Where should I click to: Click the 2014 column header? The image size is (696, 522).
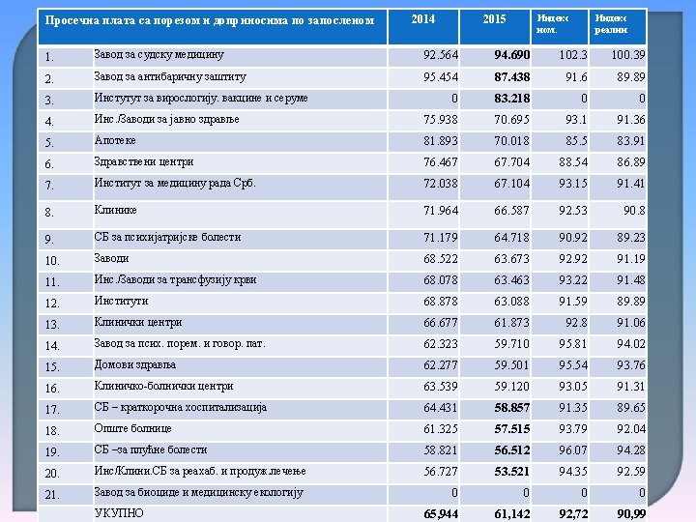coord(422,19)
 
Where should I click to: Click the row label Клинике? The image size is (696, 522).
coord(115,209)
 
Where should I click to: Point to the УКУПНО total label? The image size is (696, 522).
coord(119,513)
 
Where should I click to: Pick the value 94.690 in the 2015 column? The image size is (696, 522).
coord(511,55)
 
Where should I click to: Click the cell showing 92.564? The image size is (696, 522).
coord(440,55)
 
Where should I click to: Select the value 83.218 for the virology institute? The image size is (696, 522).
coord(511,99)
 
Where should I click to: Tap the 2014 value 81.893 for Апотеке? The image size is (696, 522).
coord(440,141)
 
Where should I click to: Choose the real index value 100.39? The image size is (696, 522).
coord(628,55)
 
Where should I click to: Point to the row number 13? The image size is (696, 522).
coord(52,325)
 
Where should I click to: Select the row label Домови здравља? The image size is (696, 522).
coord(134,365)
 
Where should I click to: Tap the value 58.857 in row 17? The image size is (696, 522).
coord(511,409)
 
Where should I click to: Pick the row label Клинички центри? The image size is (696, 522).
coord(138,323)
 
